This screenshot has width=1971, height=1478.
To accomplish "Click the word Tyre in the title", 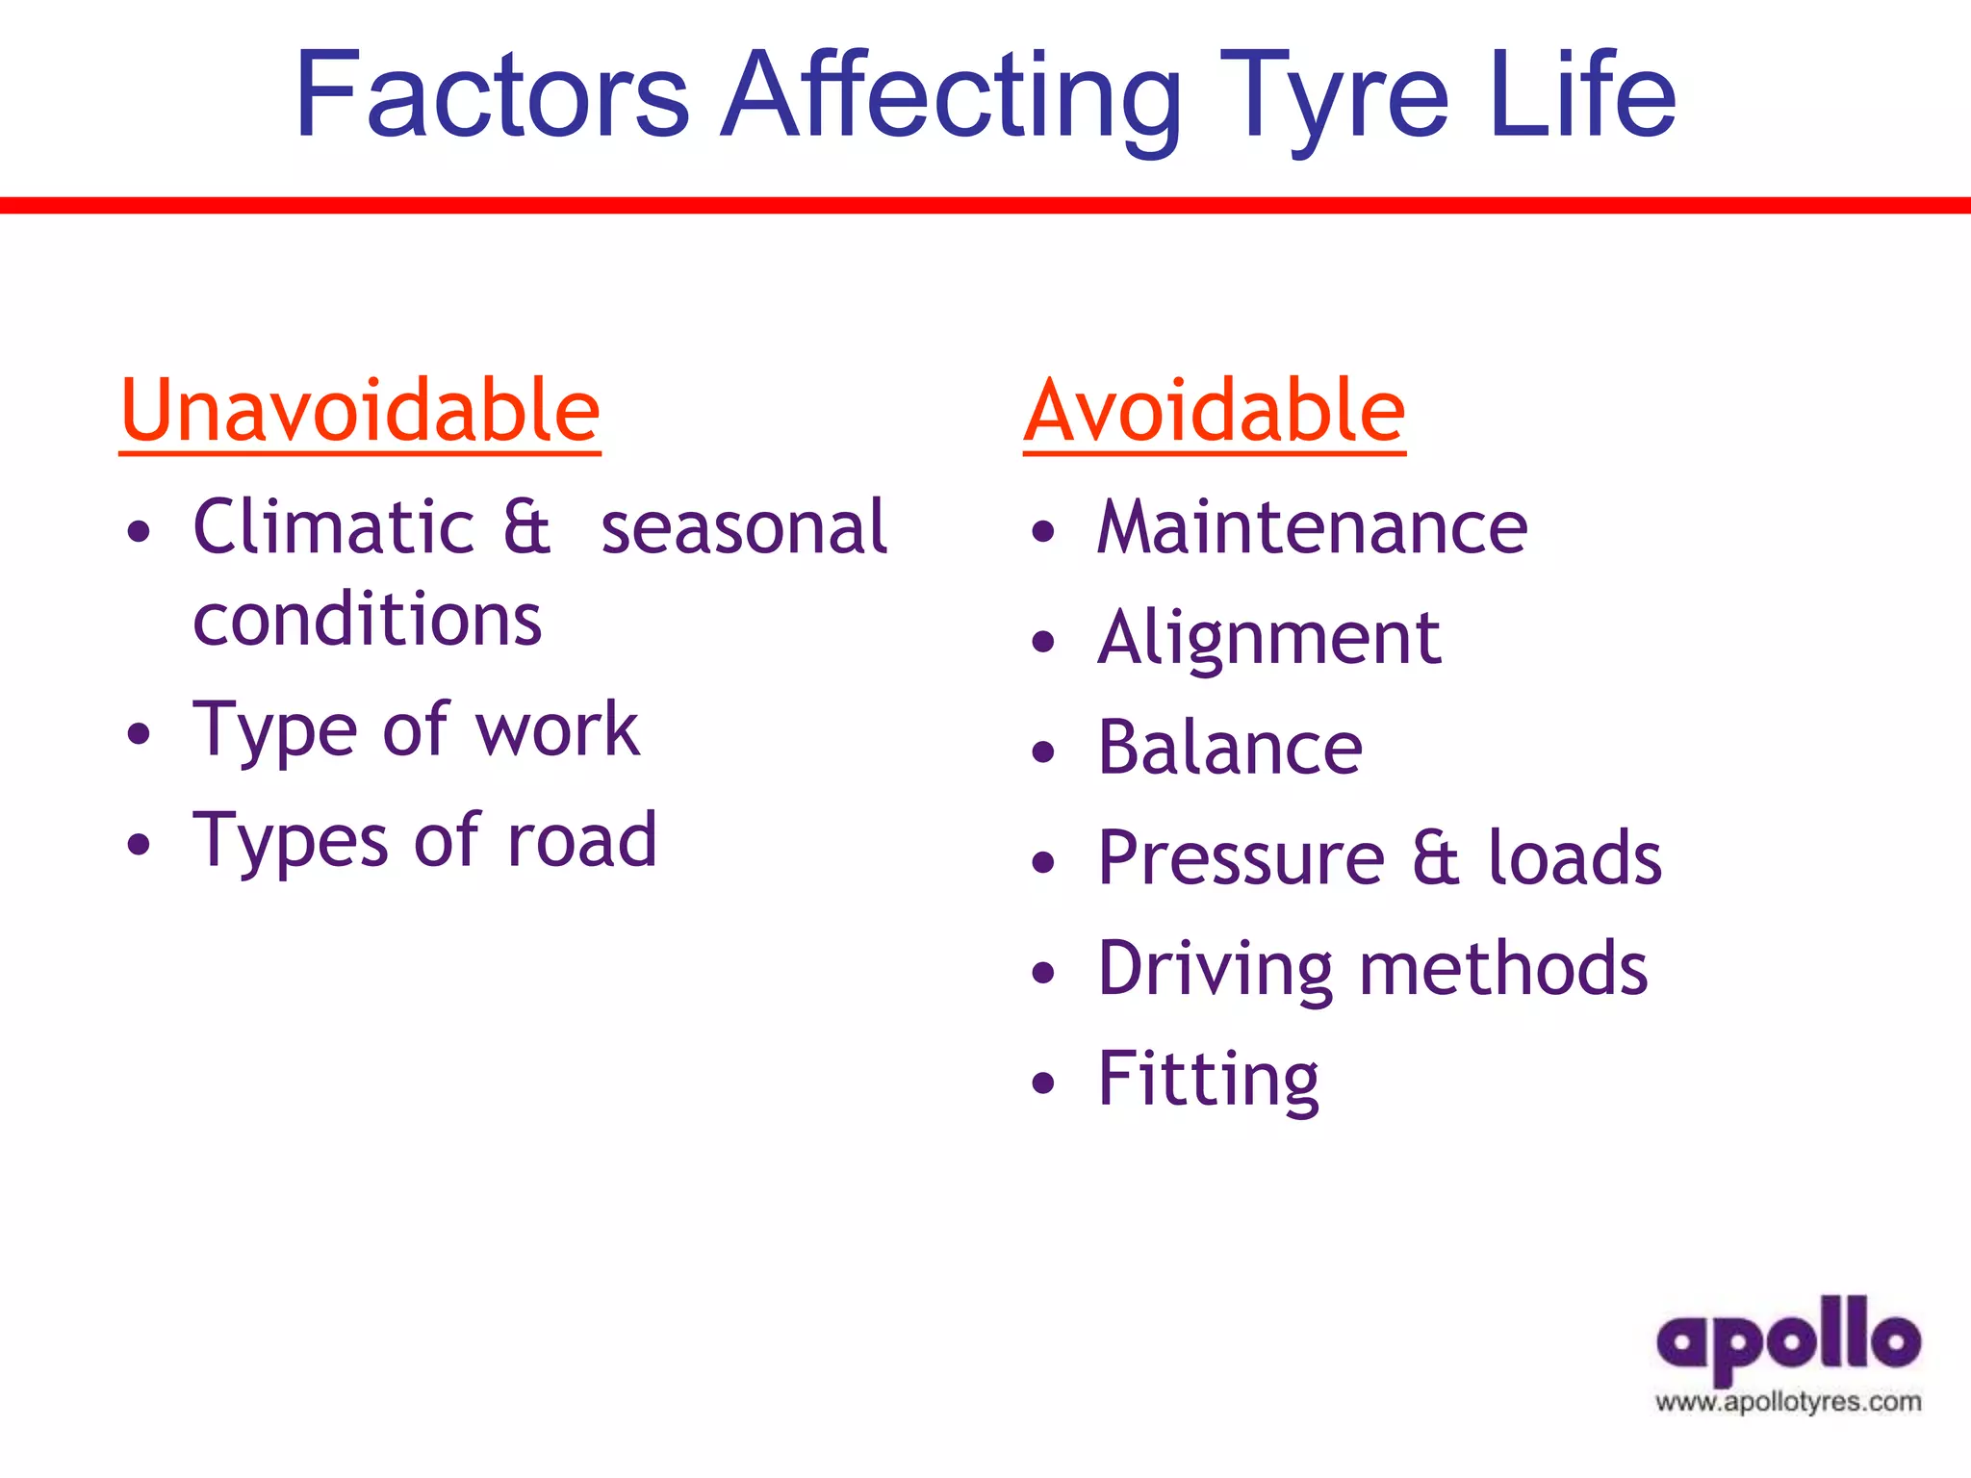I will [x=1334, y=96].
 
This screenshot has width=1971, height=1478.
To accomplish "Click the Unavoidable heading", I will [x=360, y=412].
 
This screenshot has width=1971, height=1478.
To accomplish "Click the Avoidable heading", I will [x=1215, y=412].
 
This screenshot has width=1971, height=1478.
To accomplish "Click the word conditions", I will [x=368, y=620].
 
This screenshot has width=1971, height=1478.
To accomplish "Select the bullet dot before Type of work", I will [x=140, y=733].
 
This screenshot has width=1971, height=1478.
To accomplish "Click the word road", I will [x=582, y=839].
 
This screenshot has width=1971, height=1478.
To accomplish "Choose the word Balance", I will [x=1230, y=748].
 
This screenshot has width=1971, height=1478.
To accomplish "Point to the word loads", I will [x=1574, y=857].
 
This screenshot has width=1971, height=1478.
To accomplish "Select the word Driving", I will [x=1216, y=968].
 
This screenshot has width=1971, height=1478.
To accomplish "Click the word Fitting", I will [x=1208, y=1079].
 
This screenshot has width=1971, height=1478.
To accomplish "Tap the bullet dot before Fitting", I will [x=1043, y=1083].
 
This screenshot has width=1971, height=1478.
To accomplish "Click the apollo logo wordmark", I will [x=1788, y=1340].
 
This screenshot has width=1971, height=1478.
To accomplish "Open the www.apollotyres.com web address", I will [x=1788, y=1402].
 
